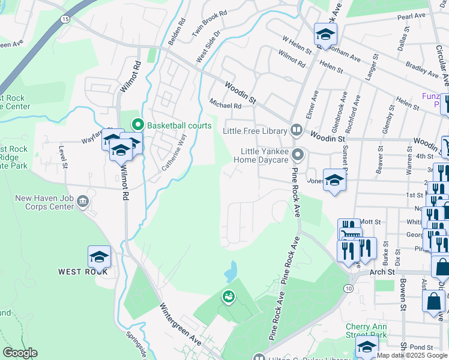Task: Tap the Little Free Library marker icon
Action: click(296, 130)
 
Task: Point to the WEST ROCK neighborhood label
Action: click(83, 272)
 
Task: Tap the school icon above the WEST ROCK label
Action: click(100, 257)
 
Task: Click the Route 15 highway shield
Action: click(64, 20)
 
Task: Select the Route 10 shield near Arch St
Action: click(348, 289)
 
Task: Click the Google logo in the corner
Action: click(20, 353)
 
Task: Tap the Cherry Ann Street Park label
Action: click(366, 330)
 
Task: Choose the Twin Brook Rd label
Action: click(209, 22)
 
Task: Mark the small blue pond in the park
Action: click(231, 272)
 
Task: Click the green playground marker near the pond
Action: click(228, 296)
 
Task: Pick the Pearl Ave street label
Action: click(411, 16)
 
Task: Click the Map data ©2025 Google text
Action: click(412, 355)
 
